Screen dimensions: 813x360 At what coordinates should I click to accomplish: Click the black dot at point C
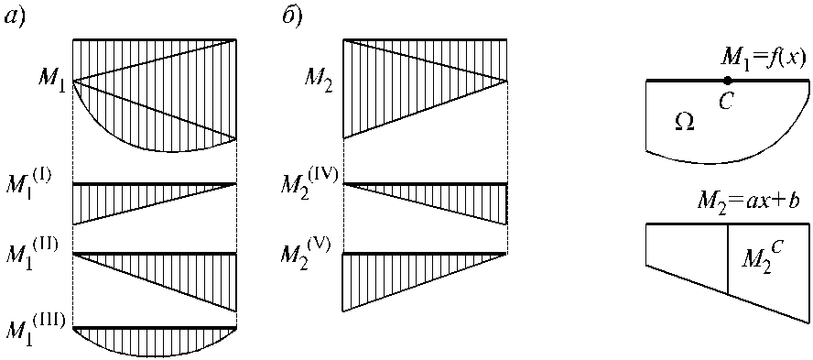728,80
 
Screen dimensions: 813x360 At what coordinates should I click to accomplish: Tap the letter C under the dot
725,101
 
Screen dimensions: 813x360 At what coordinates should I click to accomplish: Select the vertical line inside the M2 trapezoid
728,259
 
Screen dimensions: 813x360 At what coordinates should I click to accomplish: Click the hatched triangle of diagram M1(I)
127,197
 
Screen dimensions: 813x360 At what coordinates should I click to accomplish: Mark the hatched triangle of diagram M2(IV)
451,197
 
